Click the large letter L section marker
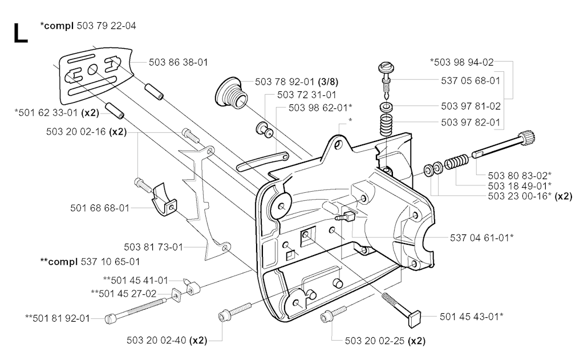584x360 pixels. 21,34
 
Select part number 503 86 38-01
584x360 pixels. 178,62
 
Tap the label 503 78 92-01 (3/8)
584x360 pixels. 297,82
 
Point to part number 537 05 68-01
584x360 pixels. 471,80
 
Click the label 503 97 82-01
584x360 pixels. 471,122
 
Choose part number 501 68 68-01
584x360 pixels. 99,208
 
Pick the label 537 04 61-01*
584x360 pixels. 481,237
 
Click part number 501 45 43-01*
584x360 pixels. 472,317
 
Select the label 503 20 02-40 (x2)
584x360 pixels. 167,340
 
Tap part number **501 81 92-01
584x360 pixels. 58,318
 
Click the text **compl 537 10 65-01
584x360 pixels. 90,262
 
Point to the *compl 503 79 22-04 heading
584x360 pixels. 88,26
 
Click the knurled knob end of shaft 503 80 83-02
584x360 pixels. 529,137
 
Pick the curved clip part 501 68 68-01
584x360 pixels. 164,200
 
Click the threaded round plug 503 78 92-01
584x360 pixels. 230,94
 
